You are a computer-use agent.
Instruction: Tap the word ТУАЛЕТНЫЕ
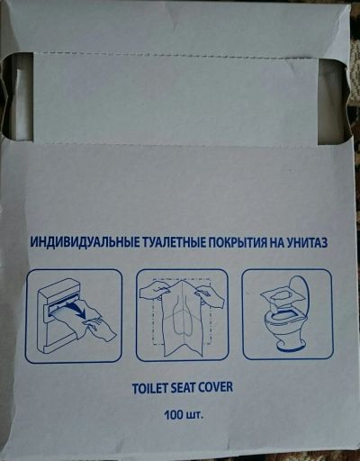(172, 241)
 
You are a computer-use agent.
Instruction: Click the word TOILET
(149, 387)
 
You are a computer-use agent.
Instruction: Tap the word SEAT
(183, 387)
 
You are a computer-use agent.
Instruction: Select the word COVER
(216, 387)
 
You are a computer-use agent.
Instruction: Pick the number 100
(174, 415)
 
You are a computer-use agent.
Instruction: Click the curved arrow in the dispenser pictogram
(76, 312)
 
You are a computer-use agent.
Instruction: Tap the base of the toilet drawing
(291, 345)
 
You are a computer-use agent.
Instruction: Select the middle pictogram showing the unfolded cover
(182, 315)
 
